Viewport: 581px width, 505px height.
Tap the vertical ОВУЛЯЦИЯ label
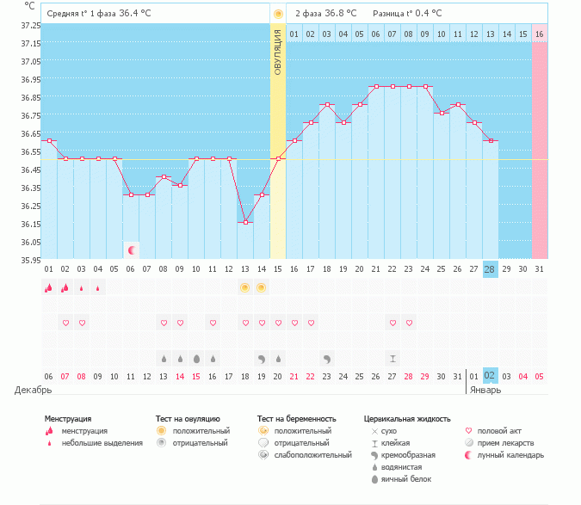[x=277, y=52]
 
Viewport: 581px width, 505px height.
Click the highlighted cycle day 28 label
[x=490, y=269]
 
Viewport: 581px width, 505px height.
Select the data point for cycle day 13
[x=245, y=223]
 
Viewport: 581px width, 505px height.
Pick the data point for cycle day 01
[x=49, y=141]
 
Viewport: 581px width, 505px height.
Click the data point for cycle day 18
[x=328, y=105]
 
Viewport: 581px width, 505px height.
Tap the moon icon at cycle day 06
[x=132, y=249]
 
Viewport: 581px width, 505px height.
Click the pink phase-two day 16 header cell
[x=539, y=34]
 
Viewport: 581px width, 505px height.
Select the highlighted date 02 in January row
[x=490, y=376]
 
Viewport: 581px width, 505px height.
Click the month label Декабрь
[x=28, y=390]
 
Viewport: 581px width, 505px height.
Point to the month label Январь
[x=482, y=390]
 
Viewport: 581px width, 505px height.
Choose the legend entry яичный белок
[x=406, y=478]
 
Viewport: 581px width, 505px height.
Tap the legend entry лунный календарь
[x=504, y=454]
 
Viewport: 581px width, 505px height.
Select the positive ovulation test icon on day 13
[x=245, y=287]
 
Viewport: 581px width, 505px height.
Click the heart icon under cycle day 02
[x=65, y=323]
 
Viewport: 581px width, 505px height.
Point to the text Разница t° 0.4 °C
[x=407, y=14]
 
